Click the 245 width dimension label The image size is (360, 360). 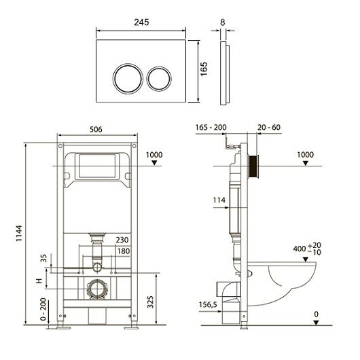pyautogui.click(x=141, y=22)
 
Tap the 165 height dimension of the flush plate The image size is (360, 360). pyautogui.click(x=204, y=69)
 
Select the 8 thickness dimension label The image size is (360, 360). pyautogui.click(x=223, y=22)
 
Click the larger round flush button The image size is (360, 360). pyautogui.click(x=128, y=79)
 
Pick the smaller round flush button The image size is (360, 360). pyautogui.click(x=159, y=79)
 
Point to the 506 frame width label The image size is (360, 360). pyautogui.click(x=96, y=130)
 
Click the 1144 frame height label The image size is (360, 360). pyautogui.click(x=19, y=233)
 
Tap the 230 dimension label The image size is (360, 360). pyautogui.click(x=122, y=240)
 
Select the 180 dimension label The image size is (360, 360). pyautogui.click(x=124, y=251)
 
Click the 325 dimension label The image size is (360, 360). pyautogui.click(x=150, y=302)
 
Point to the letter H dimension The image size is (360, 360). pyautogui.click(x=39, y=281)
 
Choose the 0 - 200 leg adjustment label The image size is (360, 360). pyautogui.click(x=43, y=309)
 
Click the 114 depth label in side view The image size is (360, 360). pyautogui.click(x=219, y=200)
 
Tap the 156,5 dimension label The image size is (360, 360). pyautogui.click(x=208, y=305)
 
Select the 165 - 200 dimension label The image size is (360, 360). pyautogui.click(x=211, y=127)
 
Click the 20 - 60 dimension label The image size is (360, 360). pyautogui.click(x=269, y=127)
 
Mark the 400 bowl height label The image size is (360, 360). pyautogui.click(x=307, y=249)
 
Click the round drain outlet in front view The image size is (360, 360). pyautogui.click(x=97, y=289)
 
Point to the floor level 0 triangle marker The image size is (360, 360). pyautogui.click(x=316, y=323)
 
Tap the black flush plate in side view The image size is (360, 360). pyautogui.click(x=253, y=166)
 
